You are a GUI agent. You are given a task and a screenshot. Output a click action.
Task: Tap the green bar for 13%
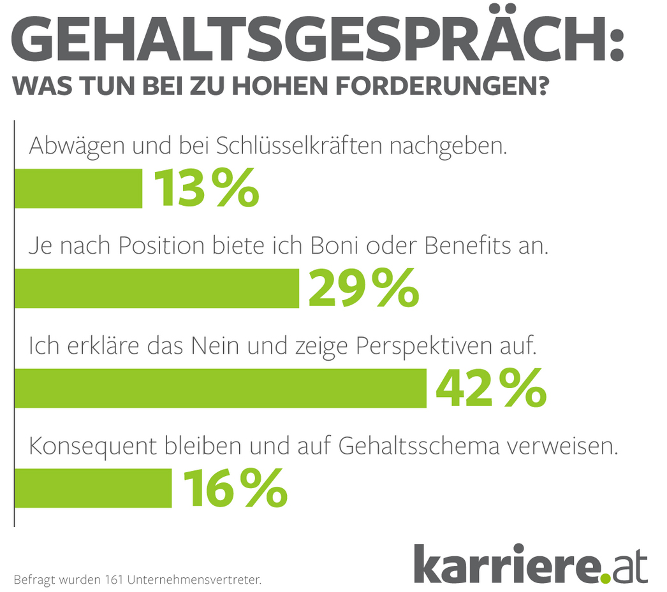(78, 188)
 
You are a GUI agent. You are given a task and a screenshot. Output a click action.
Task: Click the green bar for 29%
(157, 288)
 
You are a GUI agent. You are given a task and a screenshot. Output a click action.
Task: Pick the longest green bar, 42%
(220, 387)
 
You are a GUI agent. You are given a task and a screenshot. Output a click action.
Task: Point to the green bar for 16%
(93, 487)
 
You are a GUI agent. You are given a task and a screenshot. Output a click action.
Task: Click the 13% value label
(206, 189)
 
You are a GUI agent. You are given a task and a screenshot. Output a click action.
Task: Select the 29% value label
(363, 289)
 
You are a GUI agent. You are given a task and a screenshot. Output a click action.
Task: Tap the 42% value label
(490, 388)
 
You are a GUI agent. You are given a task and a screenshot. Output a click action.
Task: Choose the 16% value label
(235, 487)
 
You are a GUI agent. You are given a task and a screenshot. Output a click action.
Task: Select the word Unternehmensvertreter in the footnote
(194, 580)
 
